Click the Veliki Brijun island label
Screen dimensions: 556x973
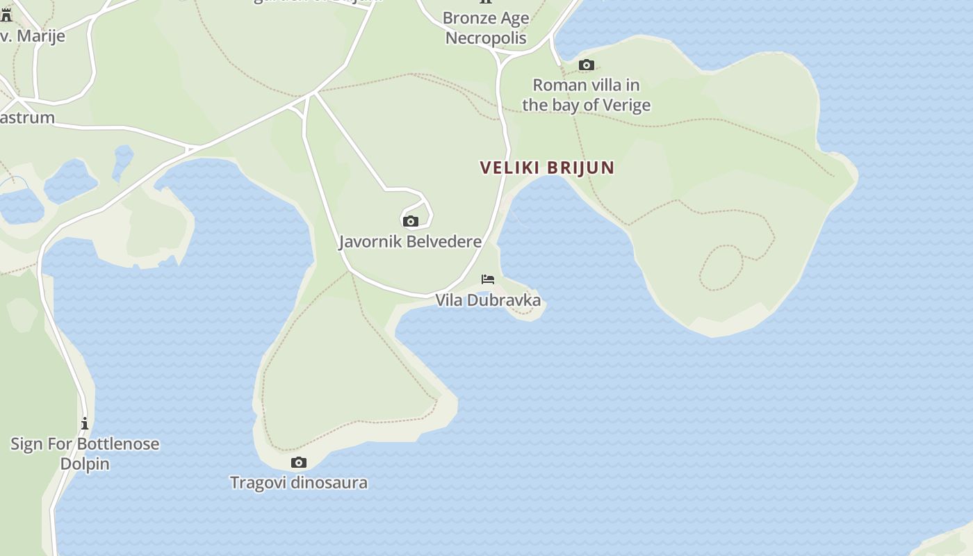coord(547,167)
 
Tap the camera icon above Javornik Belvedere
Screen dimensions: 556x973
coord(411,221)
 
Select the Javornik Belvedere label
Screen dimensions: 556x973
coord(410,242)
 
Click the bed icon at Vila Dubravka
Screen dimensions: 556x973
coord(488,279)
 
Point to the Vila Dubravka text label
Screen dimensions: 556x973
coord(488,300)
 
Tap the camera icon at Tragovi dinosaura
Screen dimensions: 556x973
coord(299,462)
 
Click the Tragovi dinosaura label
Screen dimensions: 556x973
coord(299,482)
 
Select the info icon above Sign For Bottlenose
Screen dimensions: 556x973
coord(85,423)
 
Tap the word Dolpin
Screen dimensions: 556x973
coord(85,464)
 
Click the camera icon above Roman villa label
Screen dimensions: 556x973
coord(587,65)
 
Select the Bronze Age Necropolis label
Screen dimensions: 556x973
coord(486,28)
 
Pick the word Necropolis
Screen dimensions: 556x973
coord(486,38)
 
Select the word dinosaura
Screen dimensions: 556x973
coord(329,482)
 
